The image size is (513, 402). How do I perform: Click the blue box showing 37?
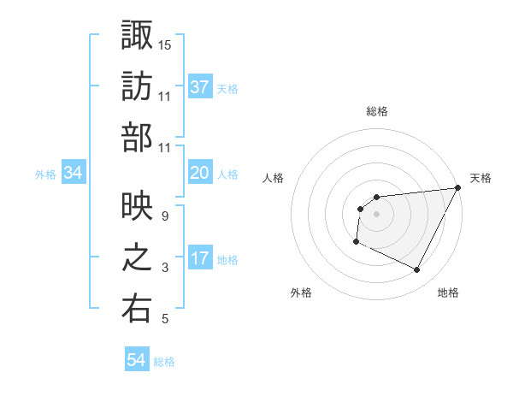200,86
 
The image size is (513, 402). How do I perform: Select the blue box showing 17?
200,258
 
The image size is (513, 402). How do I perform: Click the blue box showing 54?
137,360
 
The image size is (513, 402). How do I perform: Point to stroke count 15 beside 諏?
165,43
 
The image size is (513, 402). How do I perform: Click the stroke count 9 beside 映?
164,216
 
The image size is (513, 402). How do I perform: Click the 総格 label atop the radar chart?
377,111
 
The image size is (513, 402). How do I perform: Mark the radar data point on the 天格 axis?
458,188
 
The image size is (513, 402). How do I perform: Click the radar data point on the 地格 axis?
417,270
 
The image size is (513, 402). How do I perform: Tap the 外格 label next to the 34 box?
45,174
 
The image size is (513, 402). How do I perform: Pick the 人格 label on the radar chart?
274,178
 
